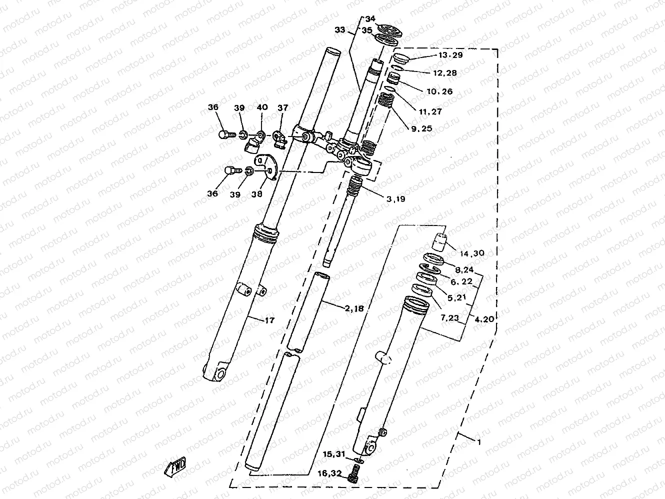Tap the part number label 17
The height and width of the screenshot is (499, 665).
pyautogui.click(x=269, y=320)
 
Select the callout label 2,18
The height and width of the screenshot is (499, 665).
pyautogui.click(x=354, y=309)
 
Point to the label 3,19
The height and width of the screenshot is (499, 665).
pyautogui.click(x=395, y=198)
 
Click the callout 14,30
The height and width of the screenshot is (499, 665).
pyautogui.click(x=472, y=253)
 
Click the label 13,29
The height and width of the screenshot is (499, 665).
pyautogui.click(x=450, y=55)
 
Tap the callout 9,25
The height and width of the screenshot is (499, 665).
pyautogui.click(x=421, y=128)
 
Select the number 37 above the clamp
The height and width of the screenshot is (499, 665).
pyautogui.click(x=283, y=107)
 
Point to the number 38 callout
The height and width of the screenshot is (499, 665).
pyautogui.click(x=257, y=193)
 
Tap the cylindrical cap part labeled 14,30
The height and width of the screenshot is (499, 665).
pyautogui.click(x=439, y=242)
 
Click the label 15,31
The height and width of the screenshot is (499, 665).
pyautogui.click(x=333, y=454)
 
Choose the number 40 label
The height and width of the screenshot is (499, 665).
pyautogui.click(x=262, y=107)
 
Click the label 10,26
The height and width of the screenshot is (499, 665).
pyautogui.click(x=440, y=91)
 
